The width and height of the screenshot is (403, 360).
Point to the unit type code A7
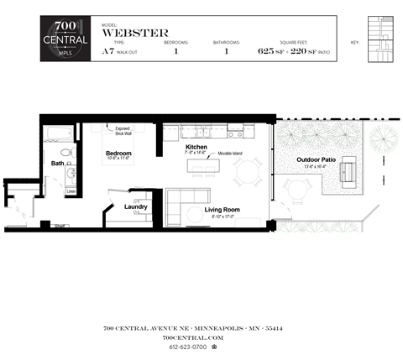[107, 52]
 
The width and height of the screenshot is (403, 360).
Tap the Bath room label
[57, 164]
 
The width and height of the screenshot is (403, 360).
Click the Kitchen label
[196, 148]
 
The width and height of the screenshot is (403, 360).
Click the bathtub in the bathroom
[62, 134]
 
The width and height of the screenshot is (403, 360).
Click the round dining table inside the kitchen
[248, 173]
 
